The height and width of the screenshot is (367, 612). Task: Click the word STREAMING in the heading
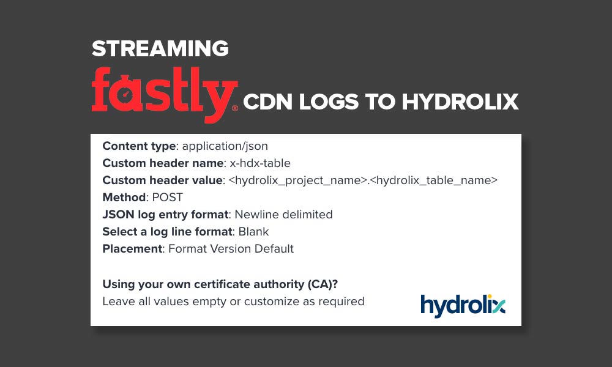pyautogui.click(x=160, y=49)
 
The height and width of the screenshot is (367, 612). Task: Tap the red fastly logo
pyautogui.click(x=165, y=94)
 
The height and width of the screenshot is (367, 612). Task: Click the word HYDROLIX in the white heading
pyautogui.click(x=460, y=102)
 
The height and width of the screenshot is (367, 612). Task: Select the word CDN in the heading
pyautogui.click(x=268, y=102)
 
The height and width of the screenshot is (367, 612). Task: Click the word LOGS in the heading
pyautogui.click(x=329, y=102)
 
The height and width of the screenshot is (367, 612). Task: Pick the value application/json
pyautogui.click(x=225, y=146)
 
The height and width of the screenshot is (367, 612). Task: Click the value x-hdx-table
pyautogui.click(x=260, y=163)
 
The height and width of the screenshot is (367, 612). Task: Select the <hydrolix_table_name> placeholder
pyautogui.click(x=434, y=180)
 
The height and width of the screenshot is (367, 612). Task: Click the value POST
pyautogui.click(x=168, y=198)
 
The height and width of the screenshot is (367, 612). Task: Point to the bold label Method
pyautogui.click(x=124, y=198)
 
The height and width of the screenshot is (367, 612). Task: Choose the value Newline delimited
pyautogui.click(x=284, y=215)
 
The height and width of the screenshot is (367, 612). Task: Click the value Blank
pyautogui.click(x=254, y=232)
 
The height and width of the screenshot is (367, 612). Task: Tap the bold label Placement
pyautogui.click(x=132, y=249)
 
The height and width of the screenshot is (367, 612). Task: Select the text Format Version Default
pyautogui.click(x=231, y=249)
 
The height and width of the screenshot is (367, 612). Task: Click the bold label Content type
pyautogui.click(x=139, y=146)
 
